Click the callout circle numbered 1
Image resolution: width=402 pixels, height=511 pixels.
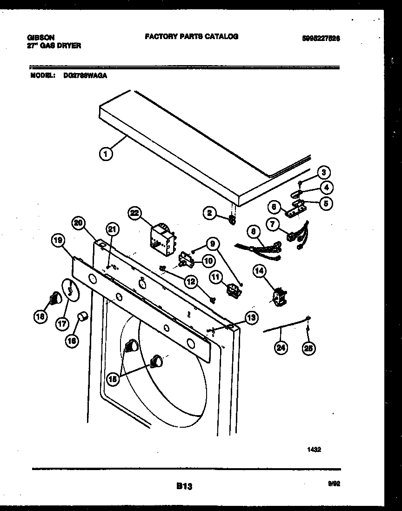(106, 154)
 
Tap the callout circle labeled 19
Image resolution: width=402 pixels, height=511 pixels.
(58, 241)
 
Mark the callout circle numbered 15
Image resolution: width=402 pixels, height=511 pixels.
(113, 379)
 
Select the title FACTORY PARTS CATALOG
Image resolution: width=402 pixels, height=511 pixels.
(191, 36)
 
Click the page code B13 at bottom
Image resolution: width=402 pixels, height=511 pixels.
(184, 486)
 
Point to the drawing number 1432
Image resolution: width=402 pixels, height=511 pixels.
(314, 450)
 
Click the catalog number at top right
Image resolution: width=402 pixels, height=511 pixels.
(321, 39)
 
